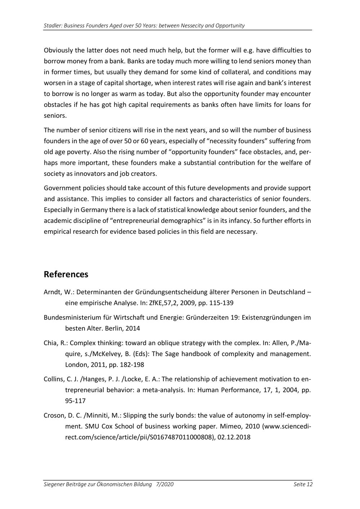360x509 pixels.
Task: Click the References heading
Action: click(x=66, y=274)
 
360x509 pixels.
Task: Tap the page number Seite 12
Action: click(x=303, y=485)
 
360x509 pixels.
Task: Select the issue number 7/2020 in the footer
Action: click(x=165, y=485)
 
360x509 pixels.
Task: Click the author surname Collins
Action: click(x=54, y=379)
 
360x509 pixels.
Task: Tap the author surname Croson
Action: click(x=54, y=415)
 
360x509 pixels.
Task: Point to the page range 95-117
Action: click(x=75, y=401)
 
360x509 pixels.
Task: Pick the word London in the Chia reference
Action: click(x=75, y=365)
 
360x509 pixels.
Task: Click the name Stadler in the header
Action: click(x=52, y=26)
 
